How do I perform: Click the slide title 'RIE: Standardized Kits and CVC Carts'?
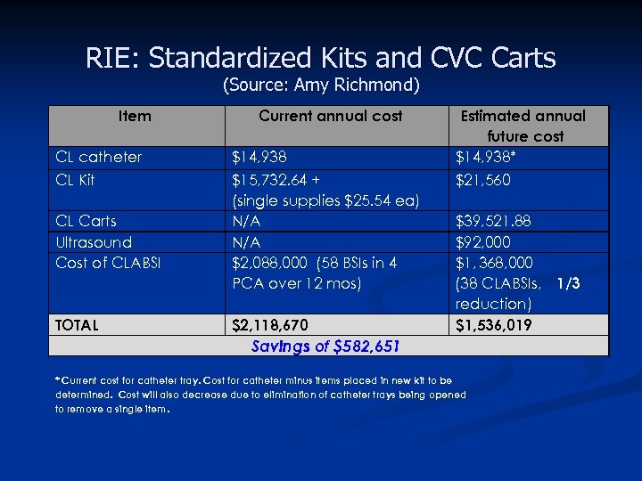tap(321, 58)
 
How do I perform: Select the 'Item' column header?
tap(135, 116)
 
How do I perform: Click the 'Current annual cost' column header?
tap(330, 116)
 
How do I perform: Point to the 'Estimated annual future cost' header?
tap(523, 126)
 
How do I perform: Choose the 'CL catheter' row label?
tap(98, 158)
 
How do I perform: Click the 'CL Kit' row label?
tap(75, 180)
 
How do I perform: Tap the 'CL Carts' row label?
tap(86, 221)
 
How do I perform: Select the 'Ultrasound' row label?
tap(94, 242)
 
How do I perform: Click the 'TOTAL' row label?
tap(77, 325)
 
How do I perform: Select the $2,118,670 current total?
tap(271, 325)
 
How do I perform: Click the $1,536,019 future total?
tap(495, 325)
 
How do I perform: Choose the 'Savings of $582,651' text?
tap(325, 346)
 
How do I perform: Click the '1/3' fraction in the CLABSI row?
tap(568, 284)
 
